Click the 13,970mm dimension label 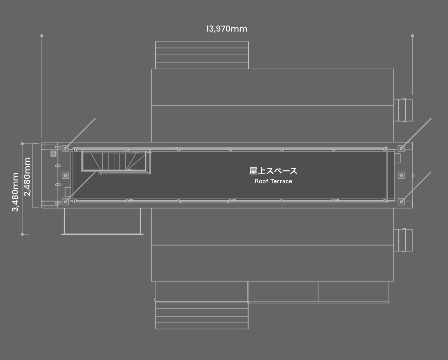[x=227, y=29]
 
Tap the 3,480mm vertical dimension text [x=16, y=192]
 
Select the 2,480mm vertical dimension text [x=27, y=176]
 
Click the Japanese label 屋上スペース [x=273, y=171]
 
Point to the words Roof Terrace [x=273, y=181]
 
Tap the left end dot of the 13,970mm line [x=42, y=36]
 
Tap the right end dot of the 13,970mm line [x=412, y=36]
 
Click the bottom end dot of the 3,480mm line [x=22, y=234]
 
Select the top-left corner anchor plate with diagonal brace [x=65, y=148]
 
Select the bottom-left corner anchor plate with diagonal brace [x=65, y=202]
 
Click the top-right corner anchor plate [x=401, y=148]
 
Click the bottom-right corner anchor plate [x=401, y=202]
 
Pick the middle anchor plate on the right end [x=401, y=175]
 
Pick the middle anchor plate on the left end [x=65, y=175]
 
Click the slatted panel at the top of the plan [x=202, y=55]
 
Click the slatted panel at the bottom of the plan [x=202, y=315]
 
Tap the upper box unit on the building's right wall [x=404, y=110]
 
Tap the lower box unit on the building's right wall [x=404, y=240]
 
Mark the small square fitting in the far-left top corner [x=53, y=154]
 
